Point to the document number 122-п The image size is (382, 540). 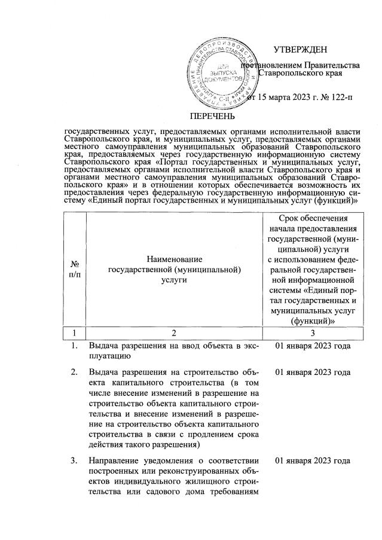click(337, 97)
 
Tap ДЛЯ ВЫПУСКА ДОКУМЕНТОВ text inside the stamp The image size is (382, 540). click(222, 71)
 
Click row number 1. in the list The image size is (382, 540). click(75, 346)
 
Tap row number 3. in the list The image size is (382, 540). click(75, 460)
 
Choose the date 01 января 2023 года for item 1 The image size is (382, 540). click(312, 346)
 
